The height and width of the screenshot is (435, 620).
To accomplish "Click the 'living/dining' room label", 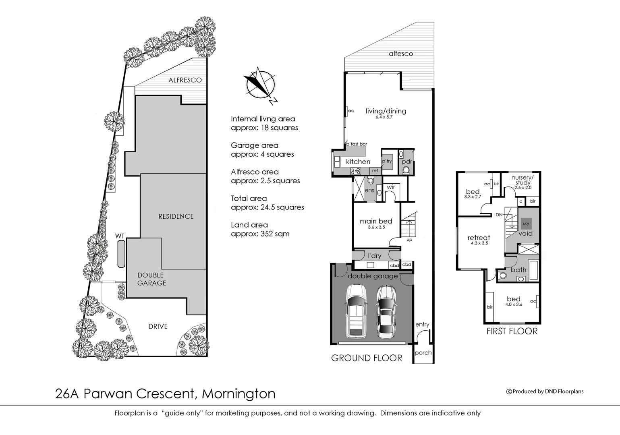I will point(386,111).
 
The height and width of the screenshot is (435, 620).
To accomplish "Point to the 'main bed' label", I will point(375,221).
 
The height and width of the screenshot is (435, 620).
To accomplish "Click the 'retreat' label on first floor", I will point(479,238).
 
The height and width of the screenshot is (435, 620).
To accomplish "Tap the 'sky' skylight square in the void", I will point(526,224).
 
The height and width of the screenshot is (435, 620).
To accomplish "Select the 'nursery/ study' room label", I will point(523,180).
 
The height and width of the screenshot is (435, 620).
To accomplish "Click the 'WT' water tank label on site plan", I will point(120,236).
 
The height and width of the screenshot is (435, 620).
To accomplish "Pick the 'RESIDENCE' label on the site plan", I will point(176,216).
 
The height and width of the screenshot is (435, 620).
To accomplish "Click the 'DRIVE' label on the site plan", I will point(158,326).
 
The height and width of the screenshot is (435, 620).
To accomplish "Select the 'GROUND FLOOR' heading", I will point(366,358).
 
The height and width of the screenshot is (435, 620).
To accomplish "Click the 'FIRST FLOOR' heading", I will point(512,331).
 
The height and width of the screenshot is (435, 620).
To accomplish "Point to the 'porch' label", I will point(423,352).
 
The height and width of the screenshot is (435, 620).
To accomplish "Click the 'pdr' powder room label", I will point(406,162).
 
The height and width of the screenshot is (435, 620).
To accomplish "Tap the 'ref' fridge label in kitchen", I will point(375,171).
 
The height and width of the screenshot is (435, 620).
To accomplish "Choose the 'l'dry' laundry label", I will point(374,255).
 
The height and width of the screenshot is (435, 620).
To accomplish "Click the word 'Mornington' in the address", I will point(238,394).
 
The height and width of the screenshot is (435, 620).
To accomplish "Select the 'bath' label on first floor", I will point(518,269).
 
